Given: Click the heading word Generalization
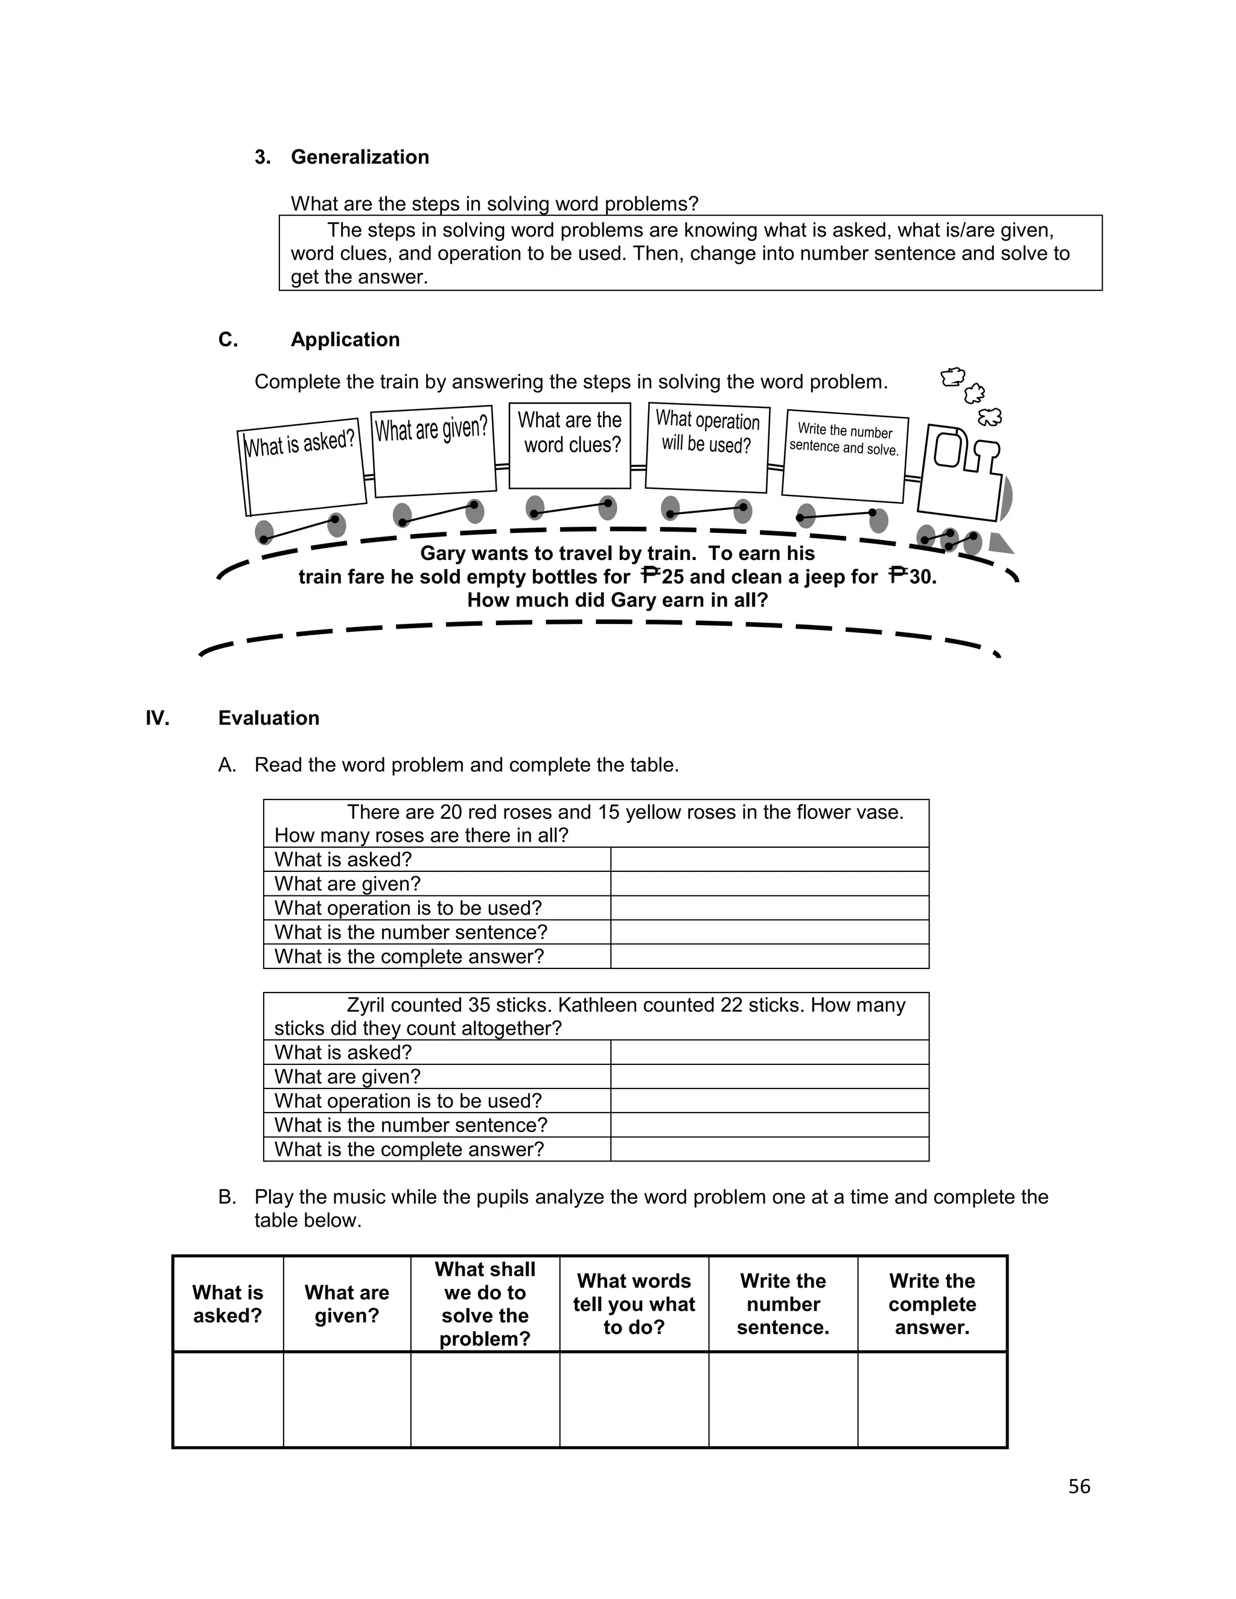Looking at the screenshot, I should click(x=360, y=157).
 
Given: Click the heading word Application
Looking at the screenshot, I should click(x=345, y=340).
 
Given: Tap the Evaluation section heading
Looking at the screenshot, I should click(x=269, y=718).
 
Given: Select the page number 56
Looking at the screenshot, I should click(x=1078, y=1486).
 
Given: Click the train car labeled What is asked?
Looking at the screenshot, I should click(x=302, y=470).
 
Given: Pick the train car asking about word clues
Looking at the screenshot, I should click(x=570, y=445).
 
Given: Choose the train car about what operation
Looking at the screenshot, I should click(x=707, y=447).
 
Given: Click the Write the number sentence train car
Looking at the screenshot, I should click(x=844, y=455).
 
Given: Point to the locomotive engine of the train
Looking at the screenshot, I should click(x=961, y=472).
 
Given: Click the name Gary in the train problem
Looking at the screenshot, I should click(x=443, y=553).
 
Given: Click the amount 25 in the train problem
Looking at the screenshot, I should click(x=672, y=577).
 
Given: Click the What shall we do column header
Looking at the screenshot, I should click(x=485, y=1304).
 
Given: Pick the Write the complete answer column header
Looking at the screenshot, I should click(x=931, y=1304).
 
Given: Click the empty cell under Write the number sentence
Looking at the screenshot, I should click(x=783, y=1399).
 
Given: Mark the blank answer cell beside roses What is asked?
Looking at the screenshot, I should click(x=769, y=859).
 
